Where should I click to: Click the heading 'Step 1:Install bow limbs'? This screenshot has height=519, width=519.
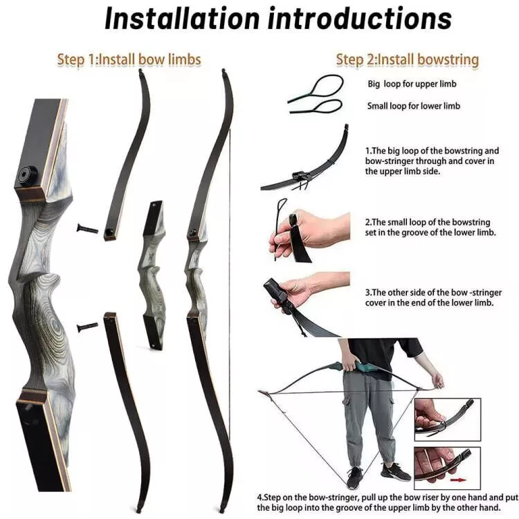[129, 60]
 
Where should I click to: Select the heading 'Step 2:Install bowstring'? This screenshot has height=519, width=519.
[408, 60]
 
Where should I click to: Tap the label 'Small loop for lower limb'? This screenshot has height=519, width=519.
[413, 106]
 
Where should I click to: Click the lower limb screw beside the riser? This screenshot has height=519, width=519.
[88, 326]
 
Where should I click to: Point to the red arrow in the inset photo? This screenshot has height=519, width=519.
[455, 477]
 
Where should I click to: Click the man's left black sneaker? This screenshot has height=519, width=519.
[355, 478]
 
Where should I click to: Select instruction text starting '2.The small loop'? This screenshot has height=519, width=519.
[432, 228]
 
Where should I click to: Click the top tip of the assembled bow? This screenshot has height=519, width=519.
[224, 71]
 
